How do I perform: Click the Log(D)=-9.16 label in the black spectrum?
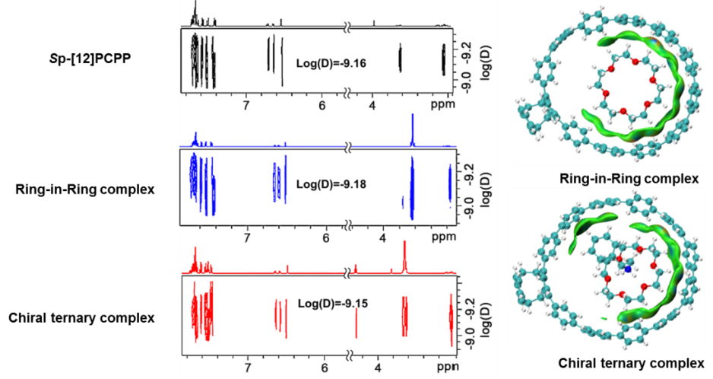coord(331,63)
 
